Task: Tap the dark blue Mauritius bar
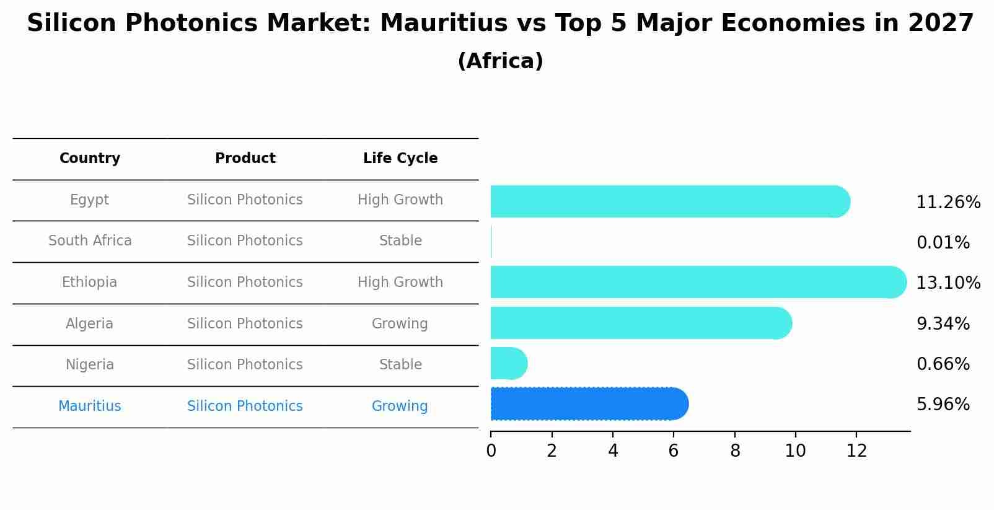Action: [589, 404]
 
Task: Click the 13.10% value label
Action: [948, 283]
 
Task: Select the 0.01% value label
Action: [943, 243]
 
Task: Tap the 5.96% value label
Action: [943, 405]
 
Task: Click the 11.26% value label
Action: [948, 203]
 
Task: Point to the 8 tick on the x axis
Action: [735, 451]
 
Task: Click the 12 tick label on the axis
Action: [856, 451]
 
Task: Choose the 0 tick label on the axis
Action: [491, 451]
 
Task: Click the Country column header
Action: [90, 159]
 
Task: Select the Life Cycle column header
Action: [400, 159]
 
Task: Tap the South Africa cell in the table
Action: [90, 241]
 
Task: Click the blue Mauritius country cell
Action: [90, 407]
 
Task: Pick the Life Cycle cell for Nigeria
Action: [400, 365]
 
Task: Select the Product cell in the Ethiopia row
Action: [245, 283]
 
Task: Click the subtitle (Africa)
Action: [500, 61]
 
